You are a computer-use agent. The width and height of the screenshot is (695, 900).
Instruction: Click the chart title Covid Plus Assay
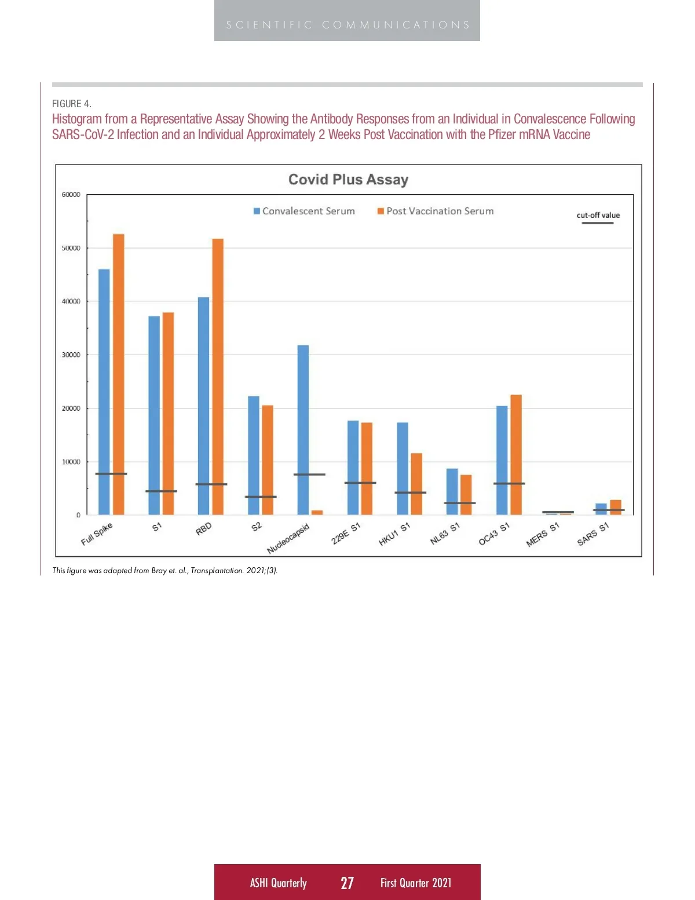click(x=348, y=180)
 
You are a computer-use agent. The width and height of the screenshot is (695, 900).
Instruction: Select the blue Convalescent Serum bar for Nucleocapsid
click(x=303, y=429)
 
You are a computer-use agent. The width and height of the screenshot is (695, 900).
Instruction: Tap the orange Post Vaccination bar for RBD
click(x=218, y=377)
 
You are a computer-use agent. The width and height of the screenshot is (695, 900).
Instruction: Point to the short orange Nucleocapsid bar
click(x=317, y=512)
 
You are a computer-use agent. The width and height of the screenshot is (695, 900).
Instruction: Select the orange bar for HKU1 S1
click(x=416, y=484)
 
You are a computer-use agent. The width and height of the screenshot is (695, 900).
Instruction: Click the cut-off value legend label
click(x=598, y=215)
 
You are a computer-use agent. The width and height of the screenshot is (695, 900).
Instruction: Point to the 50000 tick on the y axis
click(x=71, y=248)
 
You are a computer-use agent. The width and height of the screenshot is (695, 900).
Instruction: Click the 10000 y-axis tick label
click(x=71, y=462)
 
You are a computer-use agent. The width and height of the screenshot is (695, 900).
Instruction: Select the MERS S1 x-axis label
click(x=543, y=535)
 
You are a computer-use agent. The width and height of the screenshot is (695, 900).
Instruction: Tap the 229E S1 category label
click(x=346, y=534)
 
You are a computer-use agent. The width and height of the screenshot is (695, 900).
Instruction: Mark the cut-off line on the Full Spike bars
click(x=111, y=474)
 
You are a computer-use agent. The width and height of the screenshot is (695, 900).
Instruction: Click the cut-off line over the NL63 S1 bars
click(x=460, y=503)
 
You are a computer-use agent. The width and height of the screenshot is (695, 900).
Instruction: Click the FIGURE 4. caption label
click(x=72, y=104)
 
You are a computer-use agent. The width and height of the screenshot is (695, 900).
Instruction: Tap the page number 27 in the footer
click(x=347, y=883)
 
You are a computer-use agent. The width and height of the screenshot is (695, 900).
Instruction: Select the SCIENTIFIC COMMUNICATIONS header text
click(x=348, y=25)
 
